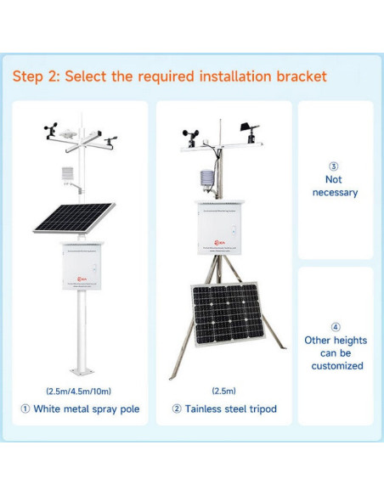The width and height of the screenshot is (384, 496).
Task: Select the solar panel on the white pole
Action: [x=75, y=217]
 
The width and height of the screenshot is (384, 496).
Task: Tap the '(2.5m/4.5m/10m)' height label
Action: [x=78, y=391]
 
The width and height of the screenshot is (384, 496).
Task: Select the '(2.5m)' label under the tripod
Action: [x=223, y=391]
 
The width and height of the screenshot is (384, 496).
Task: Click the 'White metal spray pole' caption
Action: [x=86, y=409]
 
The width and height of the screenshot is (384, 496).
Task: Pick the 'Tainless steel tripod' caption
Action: [x=230, y=409]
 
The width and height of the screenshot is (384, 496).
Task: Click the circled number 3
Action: [x=334, y=166]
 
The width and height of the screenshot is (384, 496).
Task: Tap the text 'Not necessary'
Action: [x=335, y=186]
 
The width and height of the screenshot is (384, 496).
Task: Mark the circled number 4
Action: [x=335, y=326]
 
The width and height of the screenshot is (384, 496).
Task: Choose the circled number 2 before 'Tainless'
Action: [x=177, y=409]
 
